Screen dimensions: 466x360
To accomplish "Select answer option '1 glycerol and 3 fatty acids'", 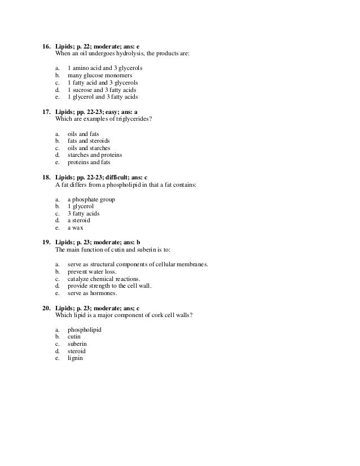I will pyautogui.click(x=102, y=96).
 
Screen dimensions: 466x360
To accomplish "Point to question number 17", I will pyautogui.click(x=47, y=112).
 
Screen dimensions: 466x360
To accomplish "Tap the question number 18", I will pyautogui.click(x=47, y=177).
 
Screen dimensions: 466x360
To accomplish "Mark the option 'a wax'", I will pyautogui.click(x=77, y=228).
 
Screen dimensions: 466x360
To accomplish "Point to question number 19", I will pyautogui.click(x=47, y=243).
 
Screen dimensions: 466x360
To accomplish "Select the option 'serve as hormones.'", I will pyautogui.click(x=93, y=293).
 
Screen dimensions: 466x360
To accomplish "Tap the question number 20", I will pyautogui.click(x=47, y=308).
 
